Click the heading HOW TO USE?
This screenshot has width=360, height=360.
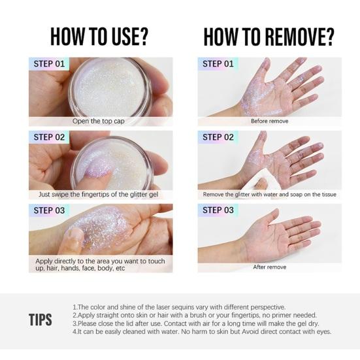point(99,37)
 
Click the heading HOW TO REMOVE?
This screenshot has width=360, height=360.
point(269,37)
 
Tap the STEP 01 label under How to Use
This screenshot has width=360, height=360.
point(49,64)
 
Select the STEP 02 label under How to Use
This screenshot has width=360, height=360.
point(49,137)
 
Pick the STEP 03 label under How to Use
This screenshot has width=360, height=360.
point(49,210)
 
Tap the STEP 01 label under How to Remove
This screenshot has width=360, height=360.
point(218,64)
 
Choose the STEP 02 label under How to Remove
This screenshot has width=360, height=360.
point(218,137)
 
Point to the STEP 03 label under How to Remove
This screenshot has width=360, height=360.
point(218,210)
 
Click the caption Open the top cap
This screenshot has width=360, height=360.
point(99,122)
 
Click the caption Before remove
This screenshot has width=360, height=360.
point(270,121)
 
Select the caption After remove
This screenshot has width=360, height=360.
point(270,267)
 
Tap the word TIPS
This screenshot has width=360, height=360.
point(41,319)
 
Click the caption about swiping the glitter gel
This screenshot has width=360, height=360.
point(98,195)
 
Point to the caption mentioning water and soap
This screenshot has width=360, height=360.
point(270,195)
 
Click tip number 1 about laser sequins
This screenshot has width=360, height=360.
point(179,307)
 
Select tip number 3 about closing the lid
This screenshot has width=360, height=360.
point(196,323)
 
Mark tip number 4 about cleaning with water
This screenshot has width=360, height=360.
point(202,331)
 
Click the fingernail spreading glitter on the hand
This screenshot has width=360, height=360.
point(76,235)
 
